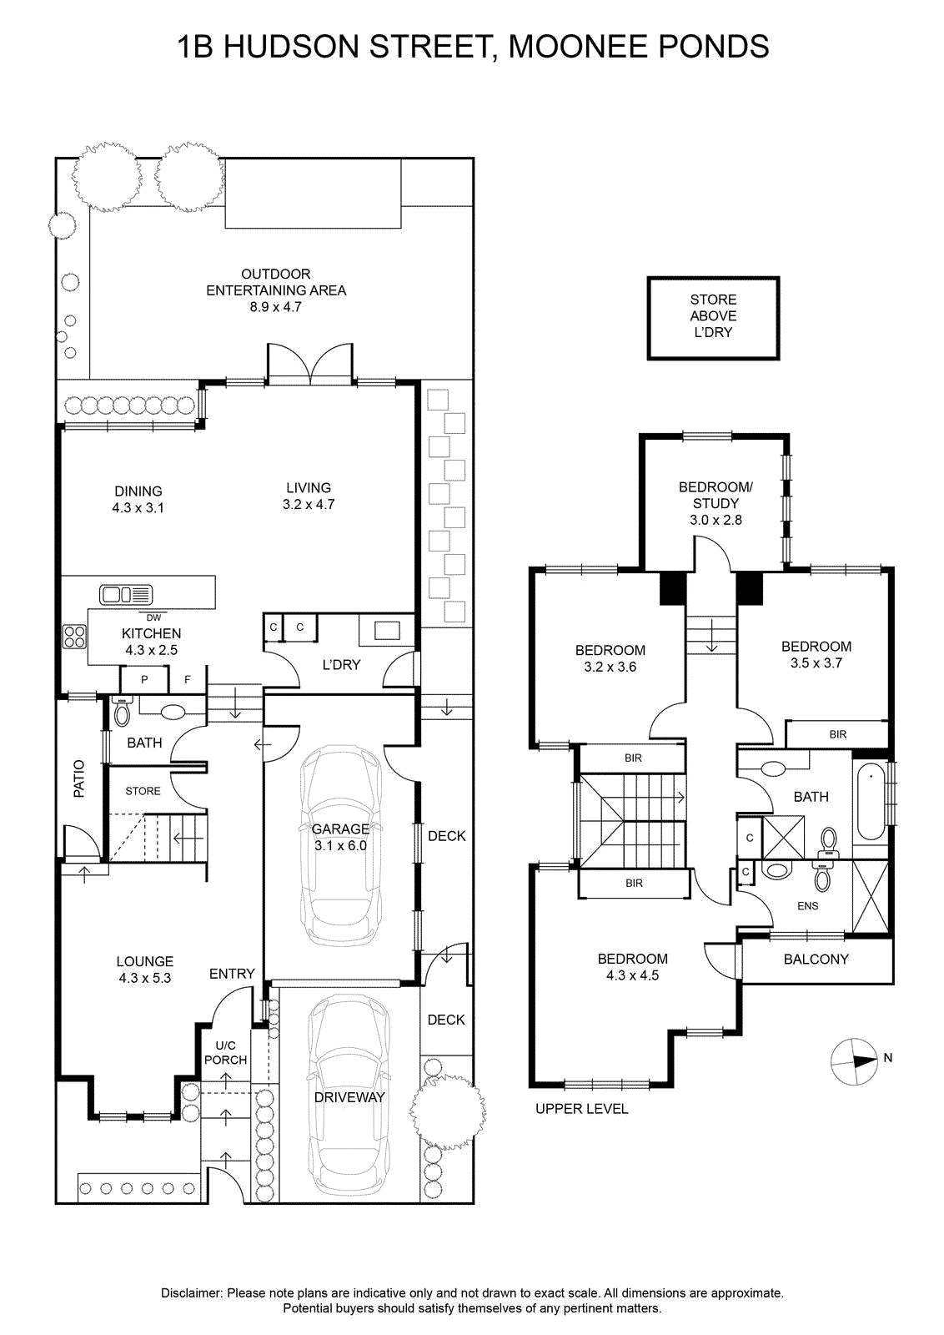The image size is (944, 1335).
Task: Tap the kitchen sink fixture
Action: point(126,594)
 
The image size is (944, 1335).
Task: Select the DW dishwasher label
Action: point(153,617)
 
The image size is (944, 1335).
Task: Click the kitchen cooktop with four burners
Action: point(74,637)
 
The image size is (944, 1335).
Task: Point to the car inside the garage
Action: point(340,844)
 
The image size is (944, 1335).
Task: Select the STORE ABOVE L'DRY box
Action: point(713,318)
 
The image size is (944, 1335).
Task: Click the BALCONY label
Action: point(816,959)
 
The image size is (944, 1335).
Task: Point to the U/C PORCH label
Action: point(225,1052)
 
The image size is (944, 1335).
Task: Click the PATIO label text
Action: point(78,778)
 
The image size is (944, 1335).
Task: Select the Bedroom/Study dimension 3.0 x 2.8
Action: point(716,520)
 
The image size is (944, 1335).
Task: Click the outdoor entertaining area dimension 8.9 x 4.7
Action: point(275,307)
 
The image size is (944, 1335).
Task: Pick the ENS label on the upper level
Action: point(807,906)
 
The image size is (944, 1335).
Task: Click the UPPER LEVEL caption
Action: point(581,1109)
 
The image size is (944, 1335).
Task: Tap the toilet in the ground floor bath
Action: point(122,712)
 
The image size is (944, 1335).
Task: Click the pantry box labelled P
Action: point(144,680)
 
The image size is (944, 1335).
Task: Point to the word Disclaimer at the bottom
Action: point(192,1292)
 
